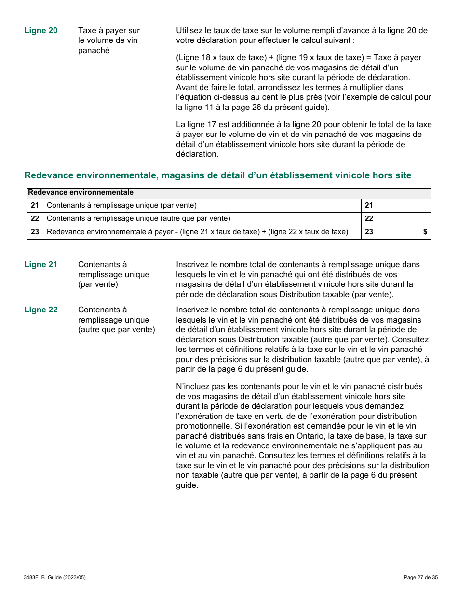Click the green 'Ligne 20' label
point(40,31)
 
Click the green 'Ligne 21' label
point(40,264)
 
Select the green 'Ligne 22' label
point(40,310)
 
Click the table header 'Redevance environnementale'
point(81,193)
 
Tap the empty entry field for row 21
point(404,206)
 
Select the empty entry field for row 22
point(404,219)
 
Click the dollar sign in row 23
point(425,232)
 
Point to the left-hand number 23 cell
point(35,232)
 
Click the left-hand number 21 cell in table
point(35,206)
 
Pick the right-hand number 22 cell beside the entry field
point(369,219)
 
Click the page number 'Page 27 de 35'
point(420,577)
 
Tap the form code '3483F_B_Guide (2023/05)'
point(54,577)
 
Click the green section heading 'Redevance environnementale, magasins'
point(217,175)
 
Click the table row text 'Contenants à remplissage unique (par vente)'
point(121,206)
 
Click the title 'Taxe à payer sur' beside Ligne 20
point(109,31)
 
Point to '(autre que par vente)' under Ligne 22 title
point(116,330)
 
